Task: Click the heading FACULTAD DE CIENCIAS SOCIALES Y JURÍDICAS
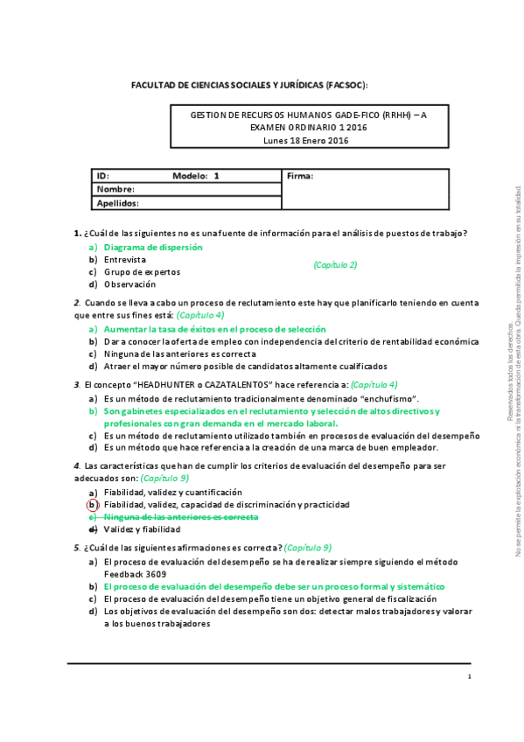point(249,85)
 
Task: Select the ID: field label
point(102,176)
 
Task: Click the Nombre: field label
point(115,189)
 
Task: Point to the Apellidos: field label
point(118,202)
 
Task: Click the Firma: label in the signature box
point(300,176)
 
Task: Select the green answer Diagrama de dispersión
point(152,247)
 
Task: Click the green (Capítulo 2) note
point(335,264)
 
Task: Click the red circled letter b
point(92,505)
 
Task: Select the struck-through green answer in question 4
point(180,517)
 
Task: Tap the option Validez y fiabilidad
point(144,529)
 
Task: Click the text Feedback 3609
point(132,573)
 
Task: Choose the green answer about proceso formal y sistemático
point(274,586)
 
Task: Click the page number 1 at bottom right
point(470,676)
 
